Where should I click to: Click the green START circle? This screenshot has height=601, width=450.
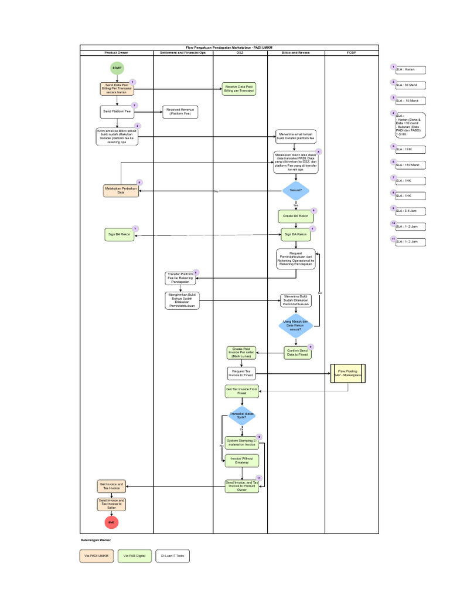click(x=117, y=68)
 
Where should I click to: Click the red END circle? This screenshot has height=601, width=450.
click(x=111, y=522)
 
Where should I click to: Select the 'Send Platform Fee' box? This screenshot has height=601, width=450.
click(x=117, y=111)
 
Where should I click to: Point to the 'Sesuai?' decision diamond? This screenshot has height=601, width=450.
click(x=296, y=191)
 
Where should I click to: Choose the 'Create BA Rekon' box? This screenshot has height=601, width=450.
click(x=296, y=216)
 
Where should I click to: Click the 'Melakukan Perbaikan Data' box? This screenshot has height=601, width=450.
click(x=121, y=190)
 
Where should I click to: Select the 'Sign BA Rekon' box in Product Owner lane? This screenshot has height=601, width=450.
click(x=119, y=235)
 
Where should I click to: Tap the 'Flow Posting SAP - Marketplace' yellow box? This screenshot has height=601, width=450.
click(x=348, y=373)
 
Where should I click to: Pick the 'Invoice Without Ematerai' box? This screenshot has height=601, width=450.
click(x=242, y=461)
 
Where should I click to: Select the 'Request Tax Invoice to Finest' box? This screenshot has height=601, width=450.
click(x=241, y=373)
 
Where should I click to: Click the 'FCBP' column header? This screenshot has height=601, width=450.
click(x=352, y=53)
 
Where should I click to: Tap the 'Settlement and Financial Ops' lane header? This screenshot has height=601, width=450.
click(x=183, y=53)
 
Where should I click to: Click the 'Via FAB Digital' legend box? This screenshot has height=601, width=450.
click(x=135, y=555)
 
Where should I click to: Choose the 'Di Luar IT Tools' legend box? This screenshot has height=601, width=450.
click(x=172, y=555)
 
